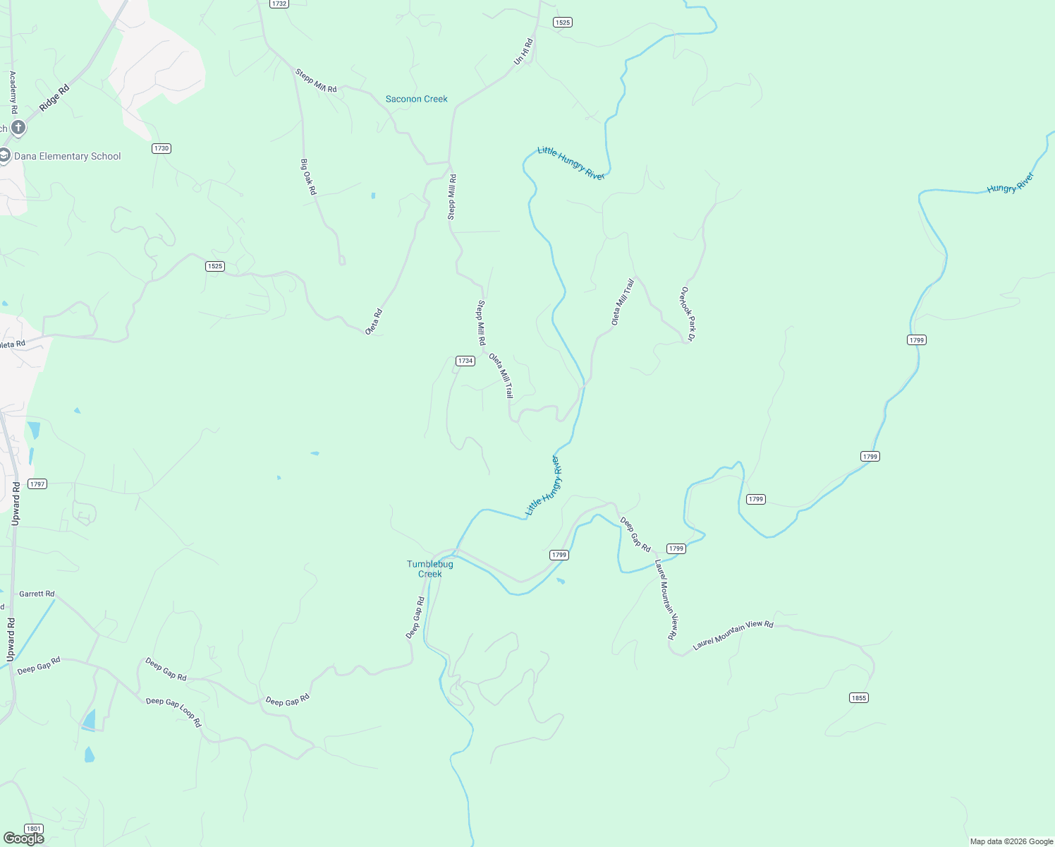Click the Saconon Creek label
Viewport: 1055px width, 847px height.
416,99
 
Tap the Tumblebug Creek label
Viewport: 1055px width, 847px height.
429,569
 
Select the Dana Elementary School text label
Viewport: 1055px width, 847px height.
68,157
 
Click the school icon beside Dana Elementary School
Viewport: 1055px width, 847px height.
4,156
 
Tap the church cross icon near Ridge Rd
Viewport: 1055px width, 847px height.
18,128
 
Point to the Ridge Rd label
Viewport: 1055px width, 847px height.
54,97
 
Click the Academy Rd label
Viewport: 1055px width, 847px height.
13,92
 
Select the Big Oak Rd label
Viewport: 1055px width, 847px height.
309,177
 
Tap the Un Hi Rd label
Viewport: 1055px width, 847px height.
523,52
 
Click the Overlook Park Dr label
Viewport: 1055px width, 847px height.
688,314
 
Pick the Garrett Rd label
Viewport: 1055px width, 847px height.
37,594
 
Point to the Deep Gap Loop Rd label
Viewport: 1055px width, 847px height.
173,711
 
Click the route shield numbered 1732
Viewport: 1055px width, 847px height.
279,4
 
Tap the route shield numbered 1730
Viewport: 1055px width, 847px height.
161,148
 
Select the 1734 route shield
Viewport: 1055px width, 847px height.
465,361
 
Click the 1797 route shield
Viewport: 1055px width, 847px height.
37,484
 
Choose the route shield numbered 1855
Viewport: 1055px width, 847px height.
858,698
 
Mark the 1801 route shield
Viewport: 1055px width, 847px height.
33,829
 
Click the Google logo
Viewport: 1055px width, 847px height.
23,839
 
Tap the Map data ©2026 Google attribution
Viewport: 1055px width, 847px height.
1011,841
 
